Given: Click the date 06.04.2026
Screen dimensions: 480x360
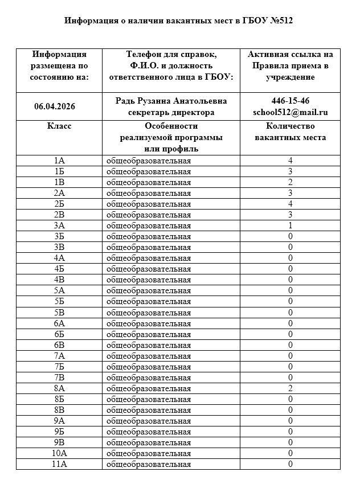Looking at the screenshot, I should pos(55,106).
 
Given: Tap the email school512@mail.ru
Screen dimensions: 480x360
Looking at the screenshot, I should pos(291,112).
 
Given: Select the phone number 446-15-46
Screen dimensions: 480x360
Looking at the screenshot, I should pos(291,101).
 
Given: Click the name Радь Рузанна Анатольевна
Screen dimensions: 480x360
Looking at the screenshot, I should pos(171,101).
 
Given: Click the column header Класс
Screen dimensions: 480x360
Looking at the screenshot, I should pos(59,126).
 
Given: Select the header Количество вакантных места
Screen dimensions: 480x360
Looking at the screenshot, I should pos(291,132).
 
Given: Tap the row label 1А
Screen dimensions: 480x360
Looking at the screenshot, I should pos(59,161).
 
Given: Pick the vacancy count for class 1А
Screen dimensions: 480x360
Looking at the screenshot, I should pos(291,161).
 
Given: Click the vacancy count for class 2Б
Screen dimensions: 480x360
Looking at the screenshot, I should pos(291,204).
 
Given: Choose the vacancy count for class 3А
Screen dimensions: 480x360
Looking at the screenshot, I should pos(291,225).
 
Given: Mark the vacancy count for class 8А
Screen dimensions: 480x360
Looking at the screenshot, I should pos(291,388).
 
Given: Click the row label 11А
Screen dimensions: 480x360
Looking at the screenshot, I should pos(59,464).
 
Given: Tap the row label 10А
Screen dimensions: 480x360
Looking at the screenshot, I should pos(59,453).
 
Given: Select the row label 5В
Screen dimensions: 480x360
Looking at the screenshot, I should pos(59,312).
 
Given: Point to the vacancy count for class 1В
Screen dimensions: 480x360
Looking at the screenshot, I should pos(291,182).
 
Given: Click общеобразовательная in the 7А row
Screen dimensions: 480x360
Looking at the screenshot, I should pos(149,356).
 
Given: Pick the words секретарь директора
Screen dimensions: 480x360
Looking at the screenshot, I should pos(171,112).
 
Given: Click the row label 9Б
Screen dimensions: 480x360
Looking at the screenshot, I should pos(59,432).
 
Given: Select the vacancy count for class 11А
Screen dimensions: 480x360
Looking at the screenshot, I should pos(291,464).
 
